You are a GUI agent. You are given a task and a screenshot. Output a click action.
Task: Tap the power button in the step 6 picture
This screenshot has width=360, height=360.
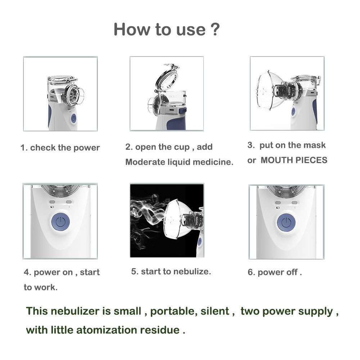click(286, 222)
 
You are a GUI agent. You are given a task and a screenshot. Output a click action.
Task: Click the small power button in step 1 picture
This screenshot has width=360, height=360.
click(73, 118)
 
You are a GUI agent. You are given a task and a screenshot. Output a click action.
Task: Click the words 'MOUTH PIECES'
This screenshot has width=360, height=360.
click(294, 161)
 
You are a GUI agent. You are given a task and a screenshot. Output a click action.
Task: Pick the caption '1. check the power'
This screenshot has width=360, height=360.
click(60, 148)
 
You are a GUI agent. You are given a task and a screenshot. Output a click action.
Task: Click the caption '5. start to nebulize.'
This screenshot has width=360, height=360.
click(171, 271)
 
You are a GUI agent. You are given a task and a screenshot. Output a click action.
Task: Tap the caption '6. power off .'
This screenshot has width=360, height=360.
click(275, 273)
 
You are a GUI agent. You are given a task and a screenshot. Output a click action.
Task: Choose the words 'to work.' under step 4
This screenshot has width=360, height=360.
click(40, 287)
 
